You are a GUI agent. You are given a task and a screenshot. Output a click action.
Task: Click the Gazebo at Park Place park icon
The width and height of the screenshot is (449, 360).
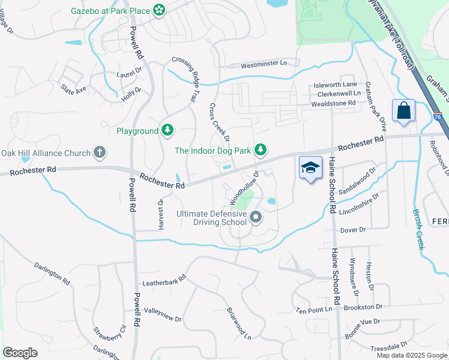pos(159,10)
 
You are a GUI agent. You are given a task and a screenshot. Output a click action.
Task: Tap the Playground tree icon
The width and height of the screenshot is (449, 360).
pos(168,130)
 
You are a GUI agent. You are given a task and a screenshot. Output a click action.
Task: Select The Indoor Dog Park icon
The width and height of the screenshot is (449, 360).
pos(261,149)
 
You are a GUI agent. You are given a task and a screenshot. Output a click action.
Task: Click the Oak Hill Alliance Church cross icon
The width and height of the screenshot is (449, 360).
pos(100,153)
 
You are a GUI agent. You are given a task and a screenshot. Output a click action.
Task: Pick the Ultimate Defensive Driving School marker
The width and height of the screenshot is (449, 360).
pos(256,217)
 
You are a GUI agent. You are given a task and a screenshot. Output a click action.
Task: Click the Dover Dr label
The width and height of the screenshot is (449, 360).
pos(353,230)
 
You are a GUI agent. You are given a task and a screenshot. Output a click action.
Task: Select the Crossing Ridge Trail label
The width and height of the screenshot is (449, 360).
pos(186,79)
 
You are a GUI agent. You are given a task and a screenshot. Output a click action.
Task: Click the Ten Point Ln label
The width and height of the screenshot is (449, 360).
pos(313,310)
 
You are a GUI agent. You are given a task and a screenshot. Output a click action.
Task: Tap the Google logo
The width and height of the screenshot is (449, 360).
pos(20,353)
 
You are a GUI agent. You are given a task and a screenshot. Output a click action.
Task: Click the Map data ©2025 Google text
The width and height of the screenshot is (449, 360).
pos(412,355)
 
